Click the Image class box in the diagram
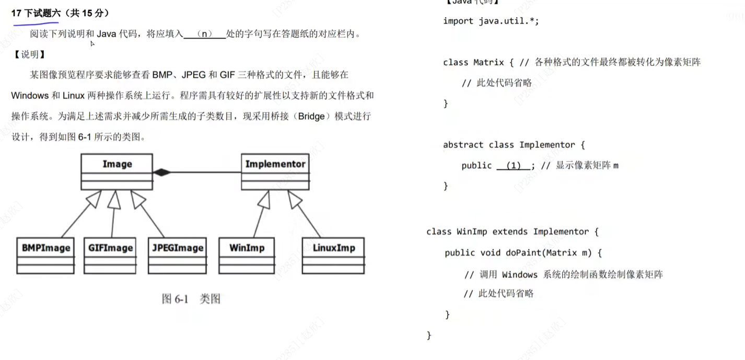[117, 171]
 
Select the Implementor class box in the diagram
[275, 171]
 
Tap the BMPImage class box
[45, 256]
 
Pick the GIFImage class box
[110, 256]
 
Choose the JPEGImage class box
[178, 256]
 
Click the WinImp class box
[247, 256]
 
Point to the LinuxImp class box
[333, 256]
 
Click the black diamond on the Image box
[161, 172]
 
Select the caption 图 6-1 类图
[191, 299]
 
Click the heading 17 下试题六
[36, 14]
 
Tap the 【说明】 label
[29, 54]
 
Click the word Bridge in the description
[311, 116]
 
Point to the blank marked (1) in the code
[514, 166]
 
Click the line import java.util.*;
[491, 21]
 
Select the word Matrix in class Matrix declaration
[488, 62]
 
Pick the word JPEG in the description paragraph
[193, 75]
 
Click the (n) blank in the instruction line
[205, 34]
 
